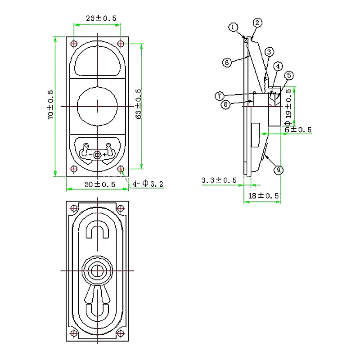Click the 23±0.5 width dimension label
pos(101,18)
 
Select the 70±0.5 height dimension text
pos(50,105)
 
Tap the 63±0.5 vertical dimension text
pos(139,104)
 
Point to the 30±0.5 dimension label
pos(99,184)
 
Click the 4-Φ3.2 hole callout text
pos(148,184)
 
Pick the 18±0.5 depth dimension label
pos(263,196)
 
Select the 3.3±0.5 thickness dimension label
pos(219,180)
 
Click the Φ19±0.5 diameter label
pos(288,107)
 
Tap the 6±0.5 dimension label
pos(298,130)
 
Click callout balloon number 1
pos(233,27)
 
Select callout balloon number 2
pos(257,23)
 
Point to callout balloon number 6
pos(227,63)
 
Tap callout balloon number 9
pos(279,170)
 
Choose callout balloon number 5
pos(289,75)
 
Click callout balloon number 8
pos(226,105)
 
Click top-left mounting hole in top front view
pos(74,44)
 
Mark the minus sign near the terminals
pos(91,155)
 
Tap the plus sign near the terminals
pos(104,155)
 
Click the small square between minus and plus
pos(97,155)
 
